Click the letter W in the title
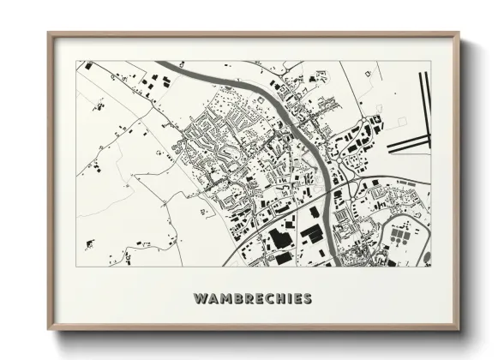201,299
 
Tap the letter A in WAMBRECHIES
213,299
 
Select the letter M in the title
225,299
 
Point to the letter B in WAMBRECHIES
237,299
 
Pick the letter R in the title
249,299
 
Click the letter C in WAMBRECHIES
271,299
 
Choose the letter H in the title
282,299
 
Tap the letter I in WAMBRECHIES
291,299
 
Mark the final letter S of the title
308,299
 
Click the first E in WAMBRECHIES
260,299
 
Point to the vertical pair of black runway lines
423,99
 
